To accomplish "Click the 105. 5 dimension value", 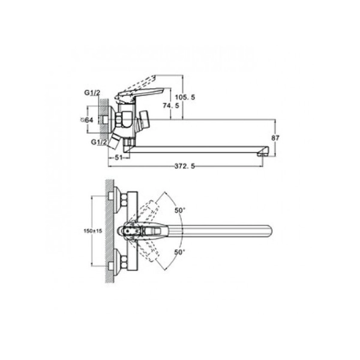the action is [185, 97].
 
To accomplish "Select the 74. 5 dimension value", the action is [171, 106].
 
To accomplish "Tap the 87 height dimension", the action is [275, 138].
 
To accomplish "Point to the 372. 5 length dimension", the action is [185, 166].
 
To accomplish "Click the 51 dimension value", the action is [118, 158].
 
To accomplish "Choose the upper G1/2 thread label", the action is [92, 93].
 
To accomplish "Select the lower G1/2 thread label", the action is [99, 142].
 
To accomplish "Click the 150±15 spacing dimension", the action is [93, 231].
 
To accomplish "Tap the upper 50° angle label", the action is [180, 211].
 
